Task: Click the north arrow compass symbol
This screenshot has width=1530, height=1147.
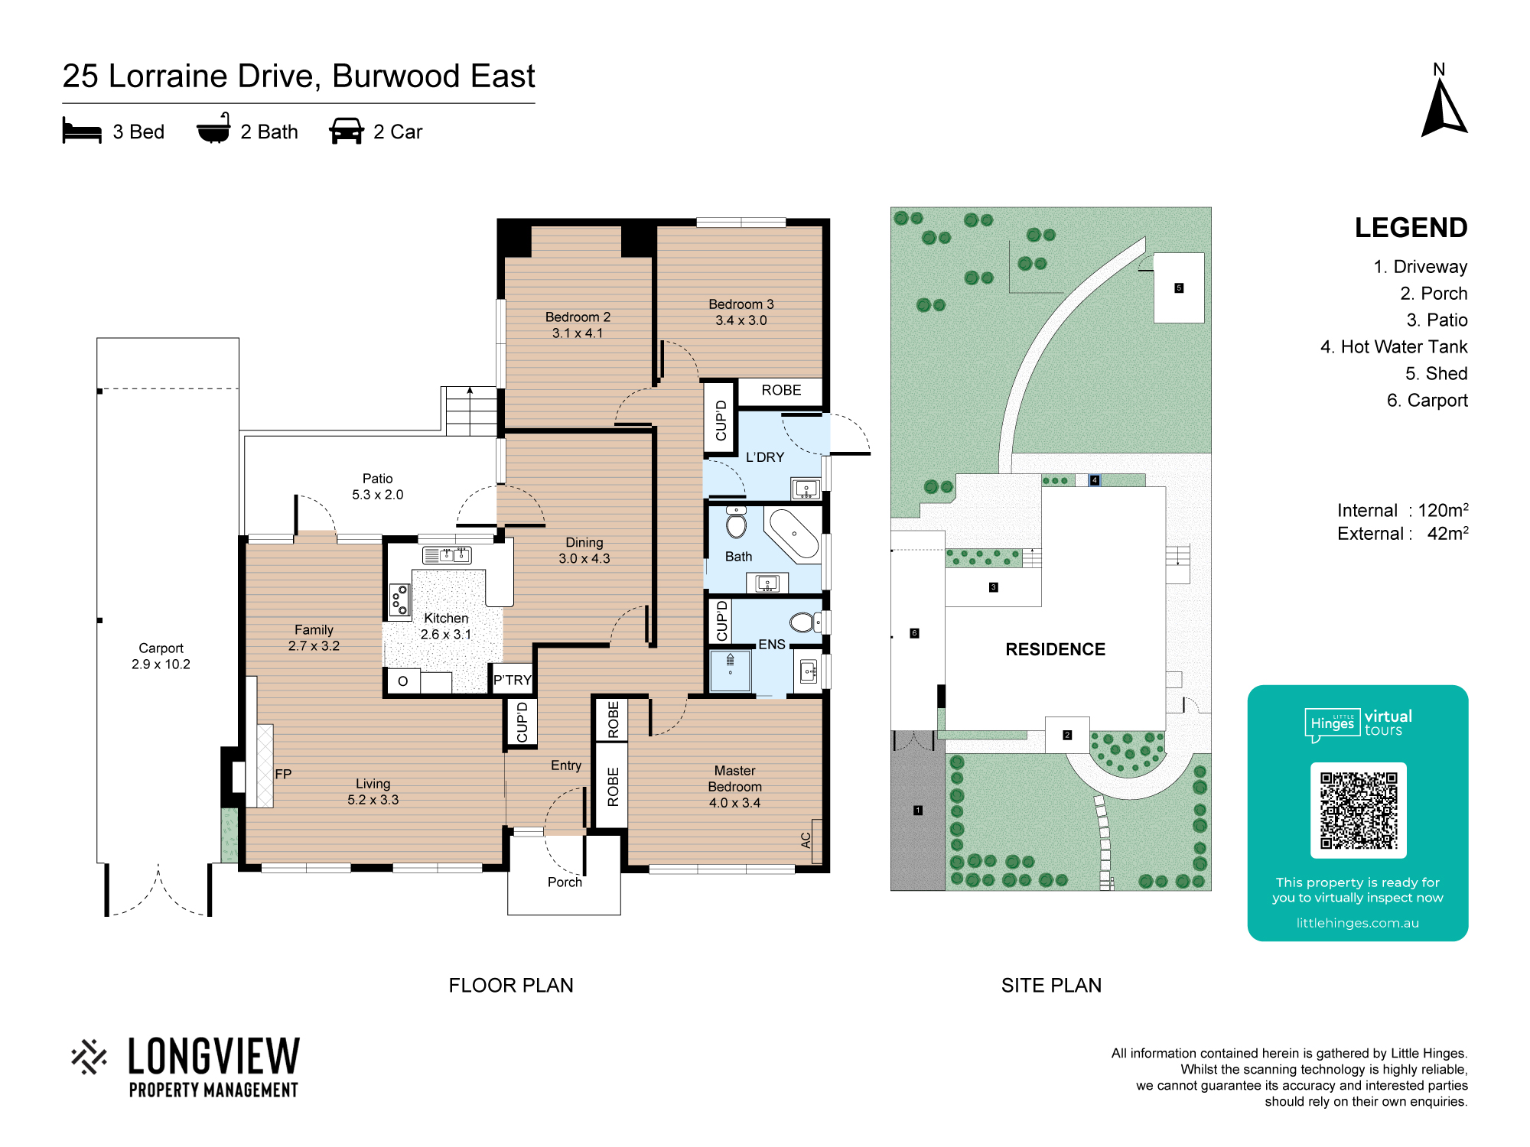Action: (1444, 110)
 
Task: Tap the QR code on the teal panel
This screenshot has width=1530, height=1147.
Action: (1359, 811)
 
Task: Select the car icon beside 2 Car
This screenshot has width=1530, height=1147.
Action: (347, 131)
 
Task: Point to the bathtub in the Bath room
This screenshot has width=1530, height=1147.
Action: (794, 533)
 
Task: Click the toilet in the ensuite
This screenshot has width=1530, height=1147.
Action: (805, 622)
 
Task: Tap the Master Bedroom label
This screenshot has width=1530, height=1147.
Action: (734, 787)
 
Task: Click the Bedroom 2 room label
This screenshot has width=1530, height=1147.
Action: (578, 325)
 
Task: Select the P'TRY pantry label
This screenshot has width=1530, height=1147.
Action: (512, 680)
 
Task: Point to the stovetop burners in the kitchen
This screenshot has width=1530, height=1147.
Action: (399, 599)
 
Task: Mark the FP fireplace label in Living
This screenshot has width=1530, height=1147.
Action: (283, 774)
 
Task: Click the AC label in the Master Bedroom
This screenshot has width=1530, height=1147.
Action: (806, 840)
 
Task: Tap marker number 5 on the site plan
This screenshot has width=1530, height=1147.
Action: (1179, 288)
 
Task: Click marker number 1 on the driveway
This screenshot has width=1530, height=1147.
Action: (918, 811)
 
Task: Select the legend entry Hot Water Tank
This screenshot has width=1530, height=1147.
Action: (1394, 347)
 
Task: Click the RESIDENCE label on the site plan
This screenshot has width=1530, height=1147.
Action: (1056, 649)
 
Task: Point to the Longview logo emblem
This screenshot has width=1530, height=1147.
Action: (90, 1057)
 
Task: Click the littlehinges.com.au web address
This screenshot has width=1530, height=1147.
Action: (1358, 923)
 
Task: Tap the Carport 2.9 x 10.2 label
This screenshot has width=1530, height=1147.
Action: (161, 656)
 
